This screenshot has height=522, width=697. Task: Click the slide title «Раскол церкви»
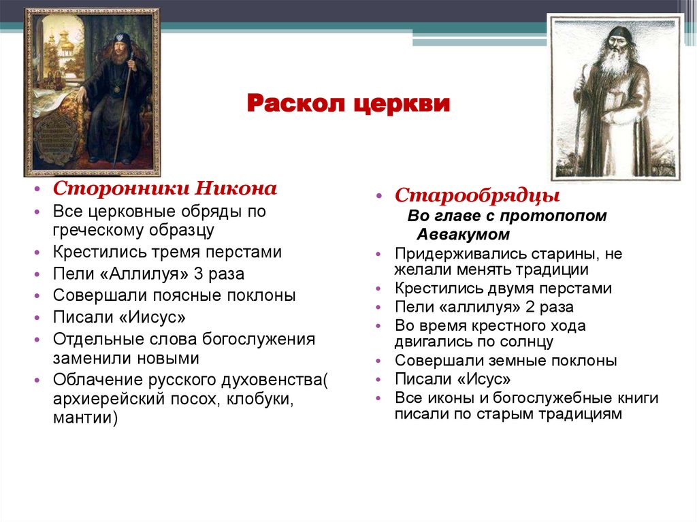348,104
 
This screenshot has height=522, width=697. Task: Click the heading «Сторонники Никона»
165,189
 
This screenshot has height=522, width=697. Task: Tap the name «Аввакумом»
463,234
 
